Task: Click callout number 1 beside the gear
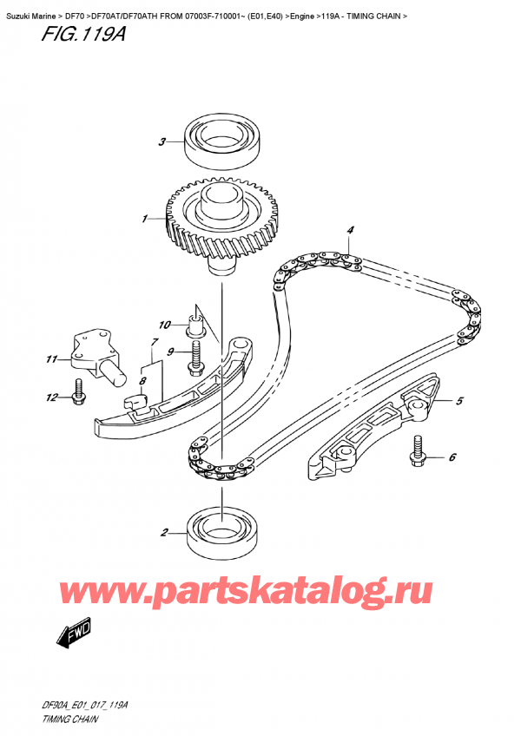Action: point(145,219)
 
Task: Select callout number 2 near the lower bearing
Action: point(164,532)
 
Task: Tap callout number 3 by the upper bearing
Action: point(162,141)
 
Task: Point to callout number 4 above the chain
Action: point(350,230)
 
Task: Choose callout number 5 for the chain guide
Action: point(459,400)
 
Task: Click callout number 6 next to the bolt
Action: point(452,457)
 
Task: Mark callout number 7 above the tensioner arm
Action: point(155,342)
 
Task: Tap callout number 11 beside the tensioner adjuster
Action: point(51,359)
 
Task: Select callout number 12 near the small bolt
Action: point(52,398)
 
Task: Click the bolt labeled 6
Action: point(417,451)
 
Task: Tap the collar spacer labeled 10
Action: point(195,325)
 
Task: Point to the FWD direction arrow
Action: point(73,634)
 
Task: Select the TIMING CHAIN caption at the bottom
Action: point(69,720)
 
